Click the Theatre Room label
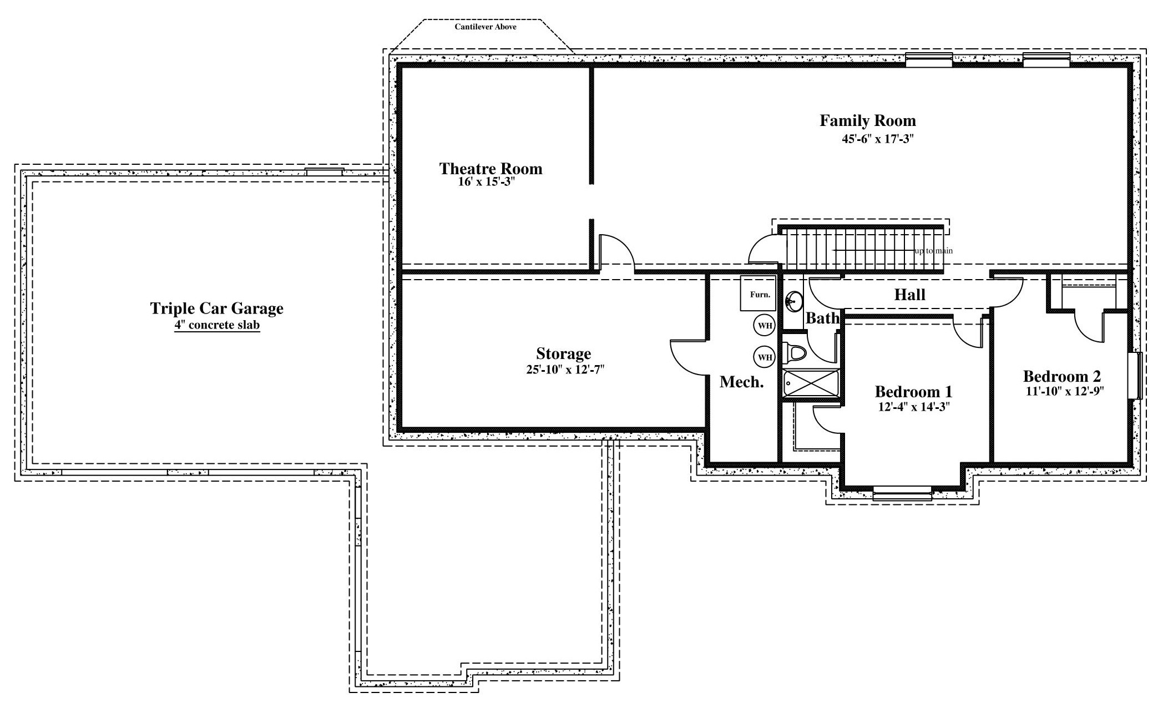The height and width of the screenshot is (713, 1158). (490, 169)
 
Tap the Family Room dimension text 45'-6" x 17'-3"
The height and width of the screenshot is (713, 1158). (877, 139)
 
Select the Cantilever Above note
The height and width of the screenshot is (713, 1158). (486, 27)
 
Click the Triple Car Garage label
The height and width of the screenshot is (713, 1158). (216, 309)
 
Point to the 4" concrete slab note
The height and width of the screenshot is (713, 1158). (217, 325)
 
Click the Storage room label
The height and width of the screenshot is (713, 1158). (563, 353)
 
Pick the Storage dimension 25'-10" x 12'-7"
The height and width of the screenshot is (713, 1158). (565, 370)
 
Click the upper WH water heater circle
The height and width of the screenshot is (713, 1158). (764, 326)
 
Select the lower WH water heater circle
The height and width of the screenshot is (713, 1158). (764, 357)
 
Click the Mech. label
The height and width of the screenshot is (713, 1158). (741, 382)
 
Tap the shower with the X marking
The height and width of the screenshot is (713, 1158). (810, 384)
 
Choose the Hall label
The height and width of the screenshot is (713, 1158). (909, 295)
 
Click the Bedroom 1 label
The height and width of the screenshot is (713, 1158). (913, 392)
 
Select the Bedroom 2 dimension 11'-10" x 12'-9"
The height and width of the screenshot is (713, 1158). (1065, 391)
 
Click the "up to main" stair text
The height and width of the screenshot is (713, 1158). (933, 251)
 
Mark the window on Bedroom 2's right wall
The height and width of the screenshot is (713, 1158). (1135, 375)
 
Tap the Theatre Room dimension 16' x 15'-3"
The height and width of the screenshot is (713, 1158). (487, 181)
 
